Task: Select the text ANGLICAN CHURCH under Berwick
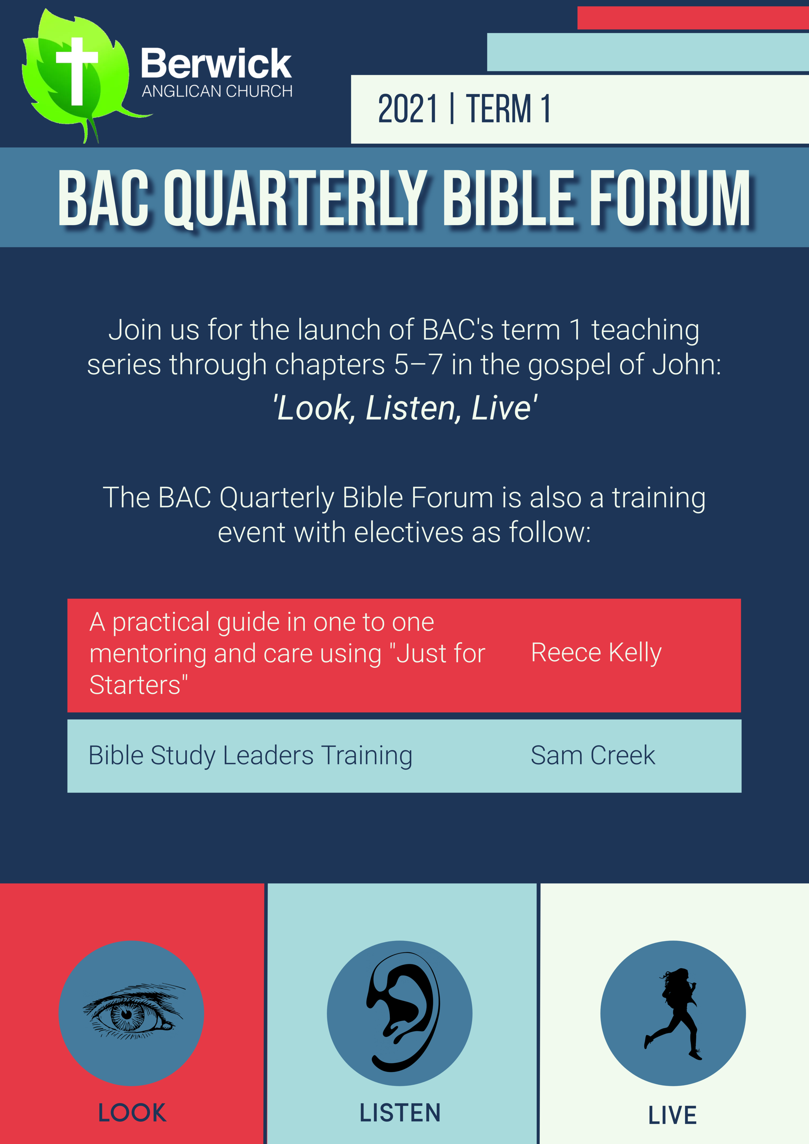217,91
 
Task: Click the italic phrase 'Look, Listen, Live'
405,408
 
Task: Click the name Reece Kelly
596,653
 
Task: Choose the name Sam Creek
593,755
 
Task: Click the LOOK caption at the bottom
132,1113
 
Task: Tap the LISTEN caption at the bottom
400,1113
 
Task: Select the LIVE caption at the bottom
672,1115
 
